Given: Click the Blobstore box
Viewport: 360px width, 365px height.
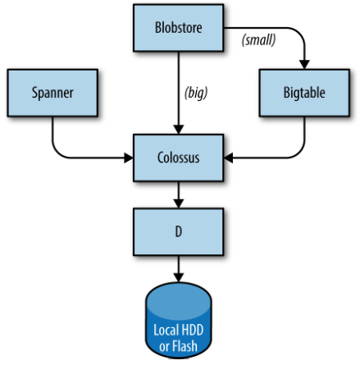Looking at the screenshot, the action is tap(179, 28).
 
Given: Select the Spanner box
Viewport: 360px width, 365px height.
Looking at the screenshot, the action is tap(52, 93).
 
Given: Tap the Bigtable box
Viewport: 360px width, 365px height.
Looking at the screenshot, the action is tap(304, 93).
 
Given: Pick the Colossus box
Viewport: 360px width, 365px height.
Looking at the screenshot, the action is tap(179, 157).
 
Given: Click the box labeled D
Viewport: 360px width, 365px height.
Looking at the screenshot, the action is tap(179, 232).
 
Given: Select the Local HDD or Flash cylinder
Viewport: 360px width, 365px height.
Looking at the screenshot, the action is tap(179, 320).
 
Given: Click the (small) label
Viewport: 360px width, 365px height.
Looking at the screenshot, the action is tap(258, 40).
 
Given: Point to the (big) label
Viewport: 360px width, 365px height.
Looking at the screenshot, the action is tap(196, 93).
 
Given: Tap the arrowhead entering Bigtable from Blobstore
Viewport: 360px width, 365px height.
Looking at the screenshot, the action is tap(304, 65).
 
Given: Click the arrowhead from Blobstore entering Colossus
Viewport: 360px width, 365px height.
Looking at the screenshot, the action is tap(179, 130).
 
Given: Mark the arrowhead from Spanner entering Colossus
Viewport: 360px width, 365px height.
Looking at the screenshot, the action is tap(129, 157).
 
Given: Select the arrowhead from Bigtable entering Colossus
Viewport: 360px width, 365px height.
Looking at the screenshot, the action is tap(229, 157).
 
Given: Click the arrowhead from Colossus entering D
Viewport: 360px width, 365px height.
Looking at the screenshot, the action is tap(179, 203).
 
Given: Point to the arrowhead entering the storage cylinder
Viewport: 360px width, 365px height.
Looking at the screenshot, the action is tap(179, 277).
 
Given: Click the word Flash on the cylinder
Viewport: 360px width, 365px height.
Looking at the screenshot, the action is tap(185, 346).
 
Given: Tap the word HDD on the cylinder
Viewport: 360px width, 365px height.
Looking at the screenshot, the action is tap(192, 330).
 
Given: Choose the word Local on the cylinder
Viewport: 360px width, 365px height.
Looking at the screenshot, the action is tap(166, 330).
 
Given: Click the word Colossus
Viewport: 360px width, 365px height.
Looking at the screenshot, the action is tap(179, 157).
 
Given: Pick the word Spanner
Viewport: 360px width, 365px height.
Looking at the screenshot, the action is tap(52, 93).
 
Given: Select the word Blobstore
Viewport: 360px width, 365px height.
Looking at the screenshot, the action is tap(179, 28).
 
